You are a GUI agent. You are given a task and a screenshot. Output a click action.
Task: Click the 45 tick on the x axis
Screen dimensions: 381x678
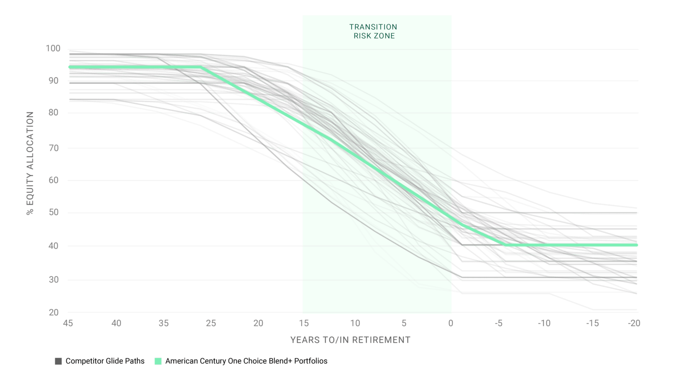[x=69, y=324]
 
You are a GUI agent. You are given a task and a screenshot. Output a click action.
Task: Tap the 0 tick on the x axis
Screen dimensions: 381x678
[x=451, y=324]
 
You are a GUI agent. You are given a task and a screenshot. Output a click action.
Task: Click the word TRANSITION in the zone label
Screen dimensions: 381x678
[x=373, y=27]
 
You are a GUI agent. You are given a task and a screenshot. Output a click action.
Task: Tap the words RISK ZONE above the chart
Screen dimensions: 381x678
[x=373, y=35]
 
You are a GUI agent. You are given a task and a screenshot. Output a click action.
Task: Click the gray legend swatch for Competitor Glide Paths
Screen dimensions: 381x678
[x=58, y=361]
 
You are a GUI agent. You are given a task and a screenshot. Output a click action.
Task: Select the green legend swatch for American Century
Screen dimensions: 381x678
[x=158, y=361]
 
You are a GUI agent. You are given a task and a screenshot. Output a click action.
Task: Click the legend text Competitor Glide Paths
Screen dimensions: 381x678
[x=105, y=361]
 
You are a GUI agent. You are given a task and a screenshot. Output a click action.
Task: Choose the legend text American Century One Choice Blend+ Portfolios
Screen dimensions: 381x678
[x=246, y=361]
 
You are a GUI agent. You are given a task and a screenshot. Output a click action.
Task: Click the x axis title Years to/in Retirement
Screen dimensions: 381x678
[x=349, y=340]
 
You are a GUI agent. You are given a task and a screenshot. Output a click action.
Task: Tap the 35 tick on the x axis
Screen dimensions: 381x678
[x=163, y=324]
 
